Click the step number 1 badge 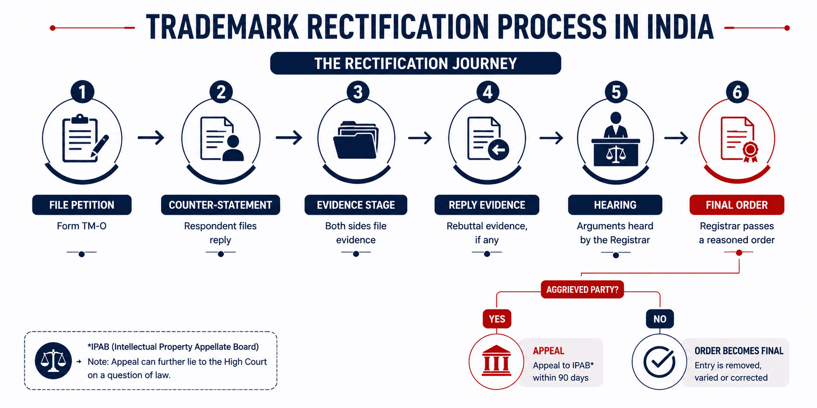pyautogui.click(x=82, y=92)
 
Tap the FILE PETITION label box pyautogui.click(x=82, y=205)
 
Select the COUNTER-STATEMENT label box pyautogui.click(x=221, y=205)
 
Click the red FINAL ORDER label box pyautogui.click(x=737, y=205)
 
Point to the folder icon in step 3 pyautogui.click(x=356, y=140)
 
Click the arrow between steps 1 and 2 pyautogui.click(x=151, y=137)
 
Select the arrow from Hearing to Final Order pyautogui.click(x=676, y=137)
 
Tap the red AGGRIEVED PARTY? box pyautogui.click(x=582, y=290)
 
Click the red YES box pyautogui.click(x=497, y=319)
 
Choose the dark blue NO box pyautogui.click(x=660, y=319)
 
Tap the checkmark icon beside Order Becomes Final pyautogui.click(x=659, y=362)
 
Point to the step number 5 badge pyautogui.click(x=616, y=92)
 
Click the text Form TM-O pyautogui.click(x=82, y=226)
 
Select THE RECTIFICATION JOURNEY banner pyautogui.click(x=415, y=63)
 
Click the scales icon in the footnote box pyautogui.click(x=53, y=361)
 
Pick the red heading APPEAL pyautogui.click(x=549, y=351)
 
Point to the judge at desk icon pyautogui.click(x=616, y=139)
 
